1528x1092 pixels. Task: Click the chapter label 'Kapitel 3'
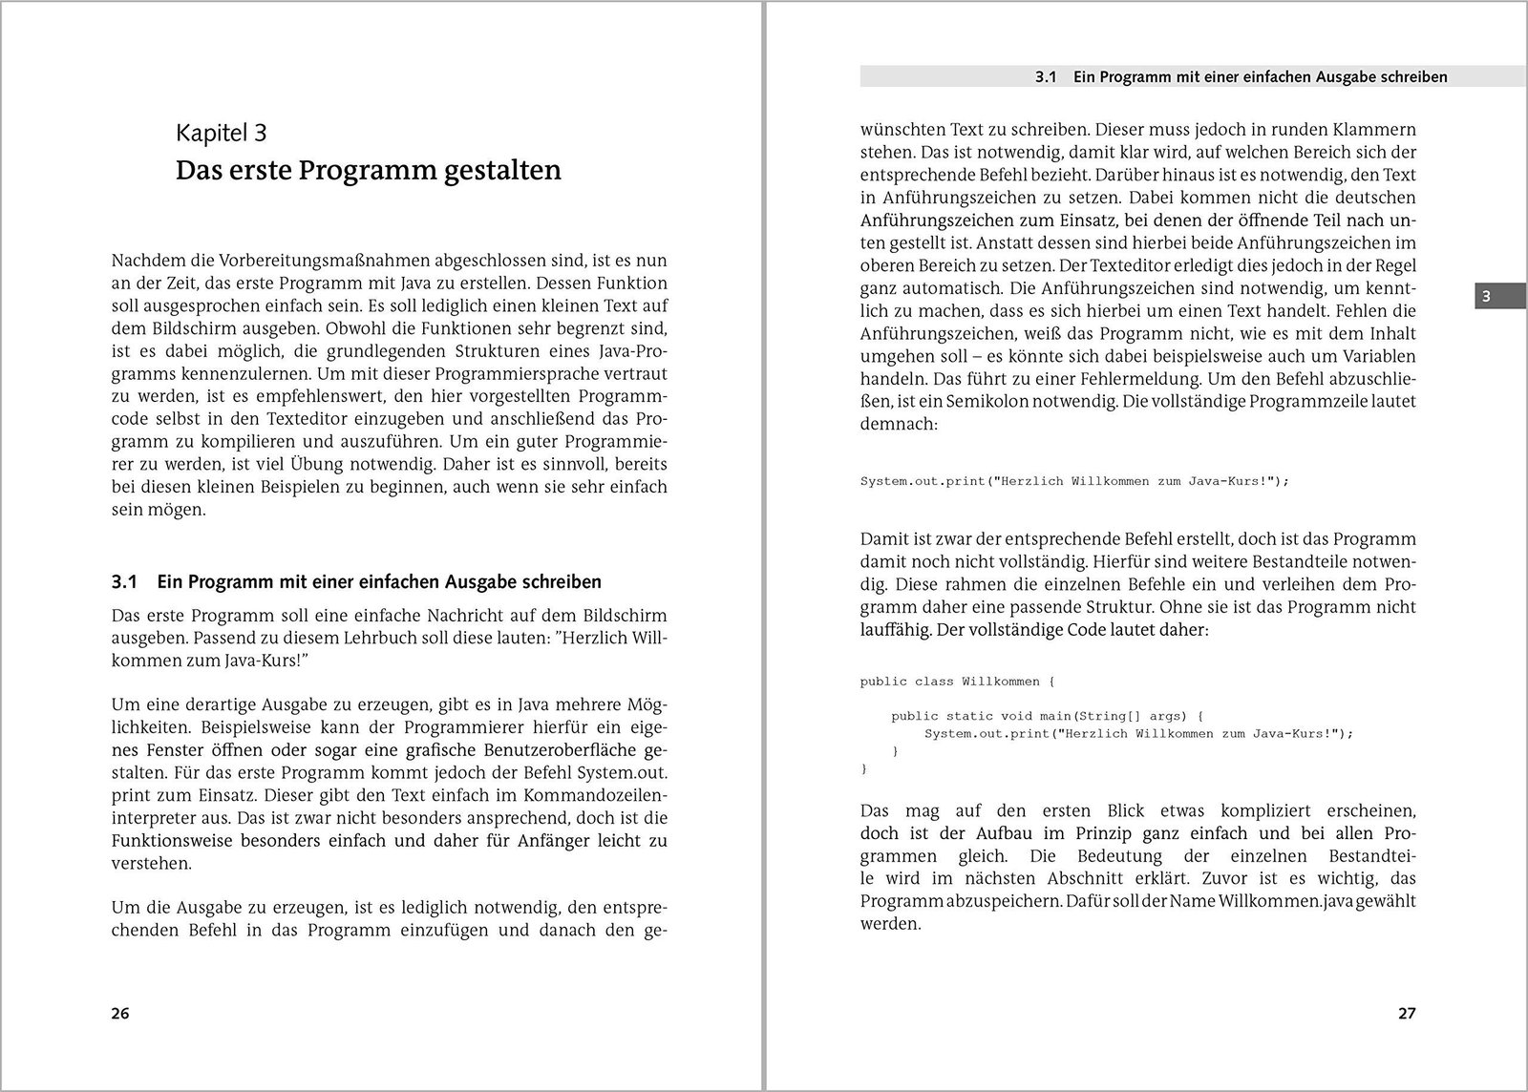221,133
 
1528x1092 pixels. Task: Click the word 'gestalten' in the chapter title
501,170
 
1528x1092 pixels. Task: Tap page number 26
120,1013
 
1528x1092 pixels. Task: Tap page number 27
1407,1013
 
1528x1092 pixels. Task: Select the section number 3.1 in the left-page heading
125,582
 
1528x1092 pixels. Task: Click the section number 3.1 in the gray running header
1046,77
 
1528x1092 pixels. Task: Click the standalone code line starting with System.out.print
1074,481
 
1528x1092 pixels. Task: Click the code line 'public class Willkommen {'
957,682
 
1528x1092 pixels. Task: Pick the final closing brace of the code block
864,768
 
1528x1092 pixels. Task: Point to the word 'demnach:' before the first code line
899,425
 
